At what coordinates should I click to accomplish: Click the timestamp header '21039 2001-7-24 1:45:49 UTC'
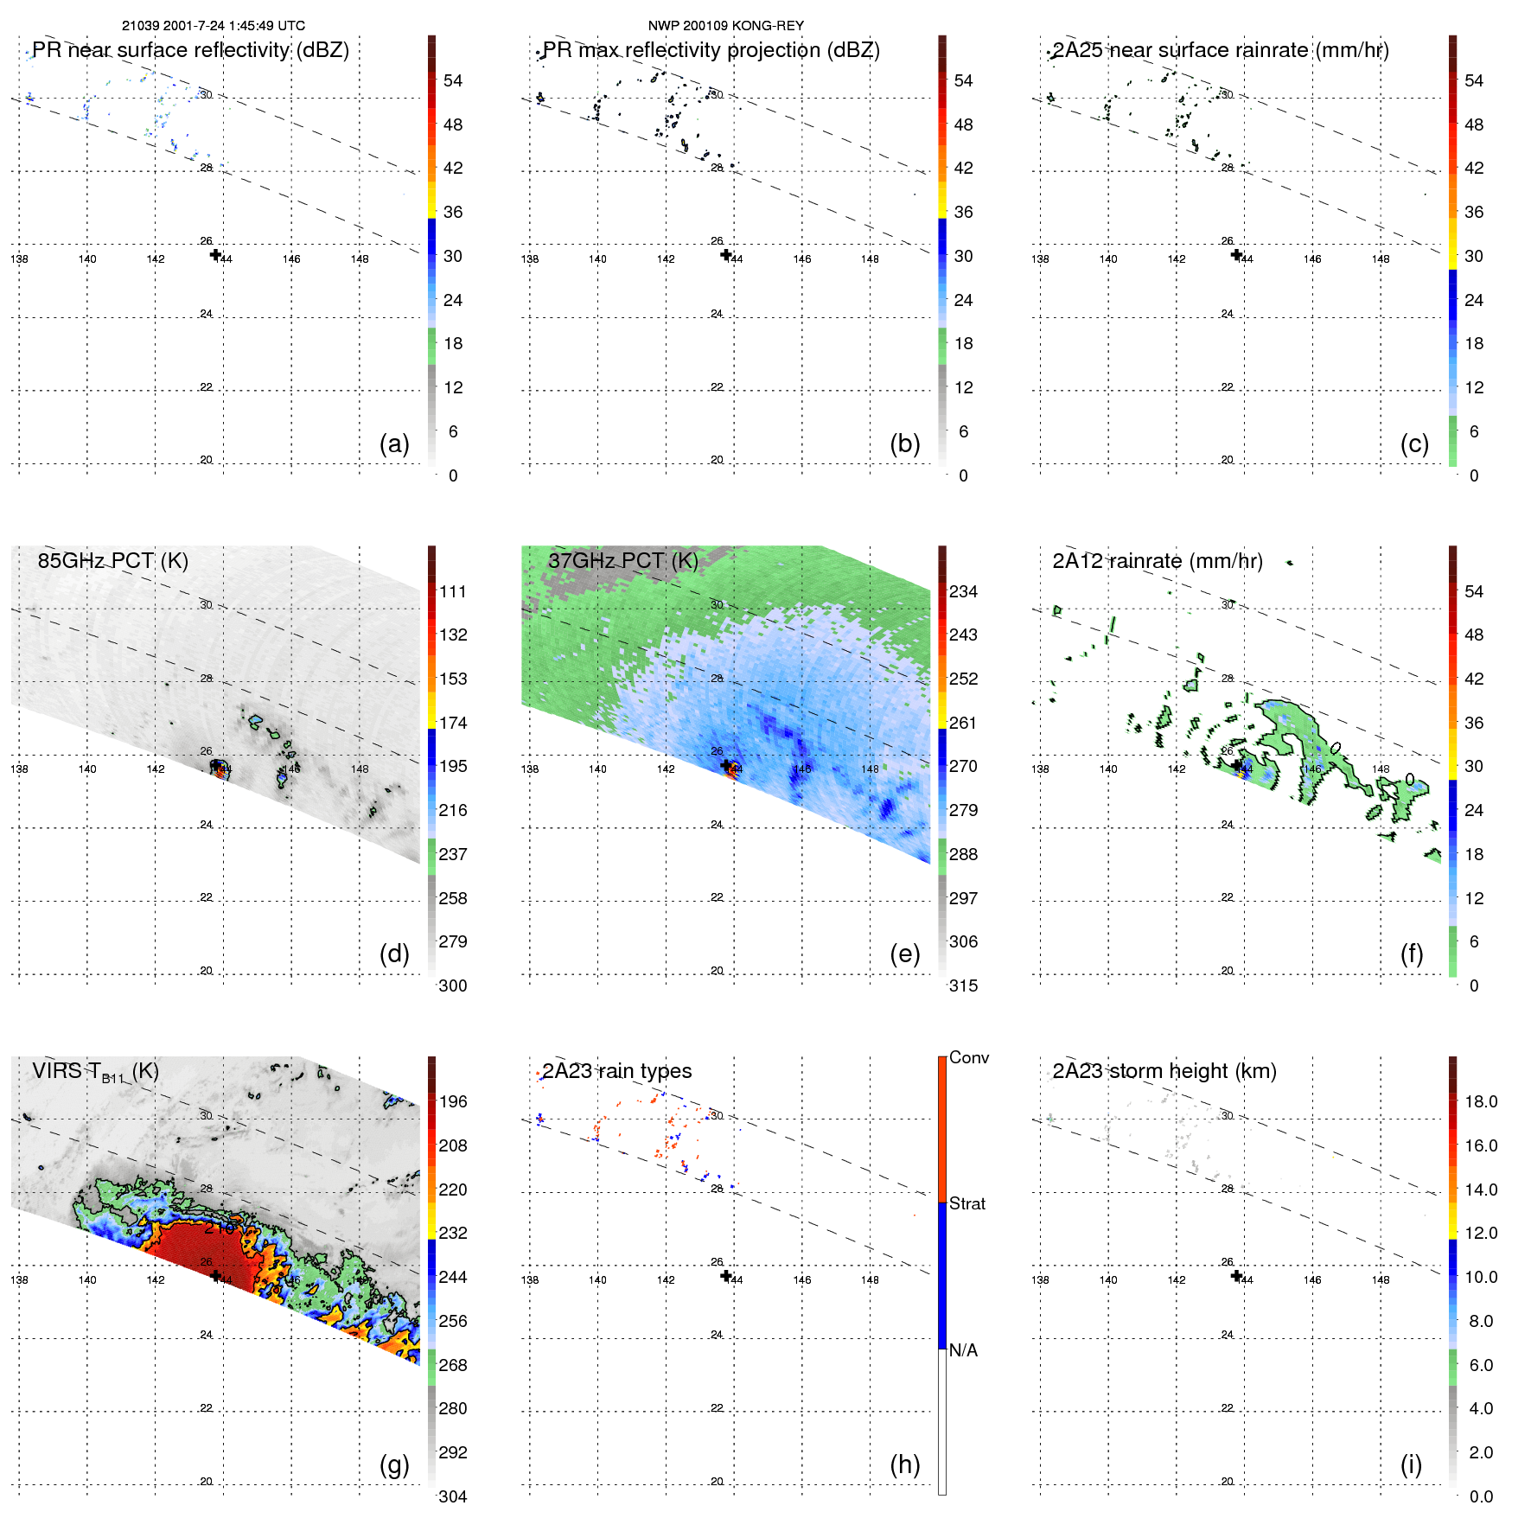214,26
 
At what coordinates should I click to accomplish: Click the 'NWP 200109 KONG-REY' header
725,26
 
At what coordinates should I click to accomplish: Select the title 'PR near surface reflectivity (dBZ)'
190,50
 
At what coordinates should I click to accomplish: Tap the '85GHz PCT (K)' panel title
112,560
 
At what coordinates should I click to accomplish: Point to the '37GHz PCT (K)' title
622,560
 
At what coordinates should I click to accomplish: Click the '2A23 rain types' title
616,1071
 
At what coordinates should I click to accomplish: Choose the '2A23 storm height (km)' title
1164,1071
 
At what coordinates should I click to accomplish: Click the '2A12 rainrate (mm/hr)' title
1157,560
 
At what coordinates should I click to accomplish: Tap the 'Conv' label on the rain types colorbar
968,1057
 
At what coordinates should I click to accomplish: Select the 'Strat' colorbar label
966,1203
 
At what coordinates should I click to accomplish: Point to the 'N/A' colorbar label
963,1350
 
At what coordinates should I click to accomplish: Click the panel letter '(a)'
394,443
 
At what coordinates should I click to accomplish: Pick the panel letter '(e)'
904,954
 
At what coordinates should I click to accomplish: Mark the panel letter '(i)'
1411,1464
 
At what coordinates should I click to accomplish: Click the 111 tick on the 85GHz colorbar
452,591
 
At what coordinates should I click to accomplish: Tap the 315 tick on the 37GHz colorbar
963,986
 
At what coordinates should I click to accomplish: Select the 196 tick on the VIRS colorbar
452,1101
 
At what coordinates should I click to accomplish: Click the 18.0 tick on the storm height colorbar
1480,1101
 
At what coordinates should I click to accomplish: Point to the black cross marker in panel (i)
1236,1276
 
